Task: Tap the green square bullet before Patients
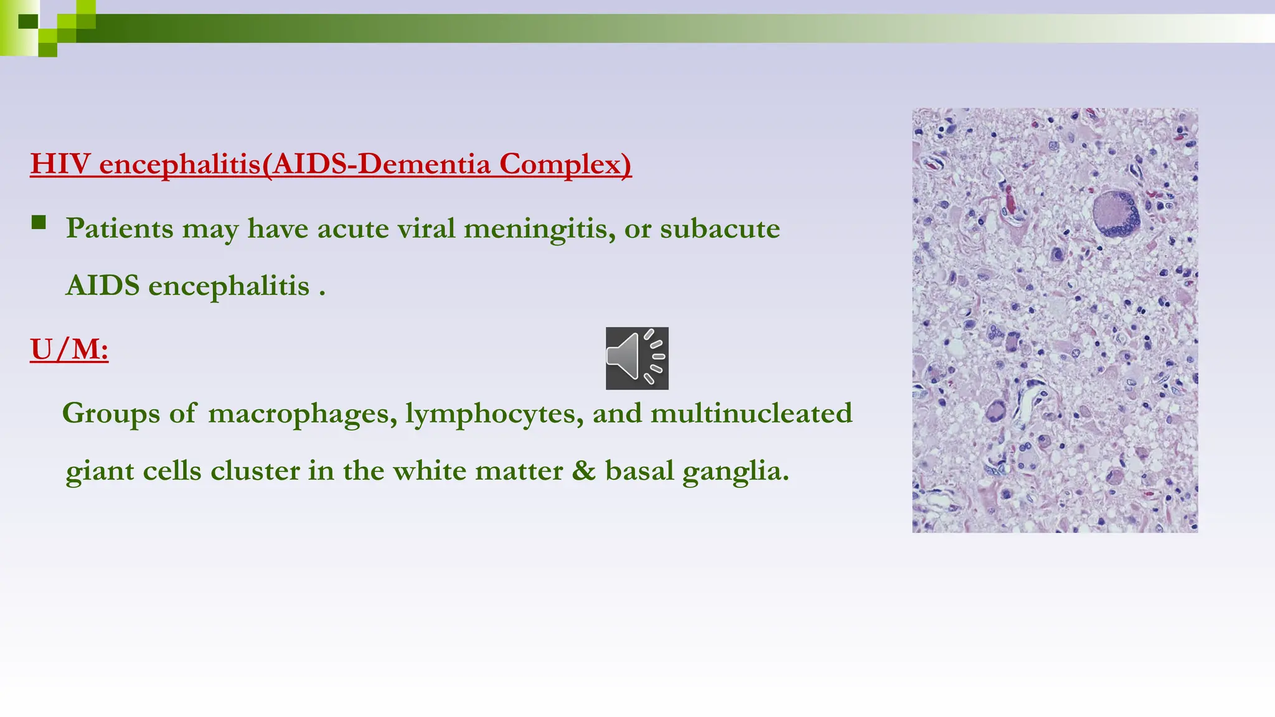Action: pyautogui.click(x=39, y=223)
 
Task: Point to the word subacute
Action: pyautogui.click(x=720, y=229)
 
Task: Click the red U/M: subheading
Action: pyautogui.click(x=69, y=349)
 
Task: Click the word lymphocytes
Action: pyautogui.click(x=494, y=414)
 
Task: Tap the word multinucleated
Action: pyautogui.click(x=751, y=414)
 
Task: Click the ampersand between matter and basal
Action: pyautogui.click(x=583, y=471)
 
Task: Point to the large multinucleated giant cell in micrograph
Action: pyautogui.click(x=1116, y=213)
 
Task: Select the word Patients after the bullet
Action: pyautogui.click(x=120, y=228)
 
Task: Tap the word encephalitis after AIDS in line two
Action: pyautogui.click(x=228, y=286)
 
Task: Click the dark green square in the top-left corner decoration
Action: pyautogui.click(x=28, y=22)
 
